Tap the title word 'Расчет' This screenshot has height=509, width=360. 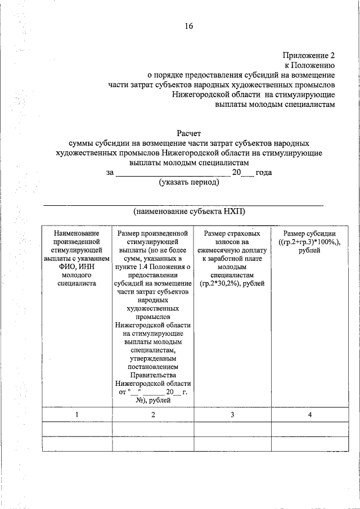[188, 134]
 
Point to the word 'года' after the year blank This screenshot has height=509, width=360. [263, 173]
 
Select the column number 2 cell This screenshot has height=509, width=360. [153, 415]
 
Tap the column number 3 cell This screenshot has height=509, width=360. [232, 415]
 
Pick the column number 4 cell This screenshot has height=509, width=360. [309, 415]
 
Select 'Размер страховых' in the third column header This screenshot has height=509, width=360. [232, 233]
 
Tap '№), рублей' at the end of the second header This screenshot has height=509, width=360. [153, 400]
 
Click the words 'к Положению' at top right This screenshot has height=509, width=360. [313, 65]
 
